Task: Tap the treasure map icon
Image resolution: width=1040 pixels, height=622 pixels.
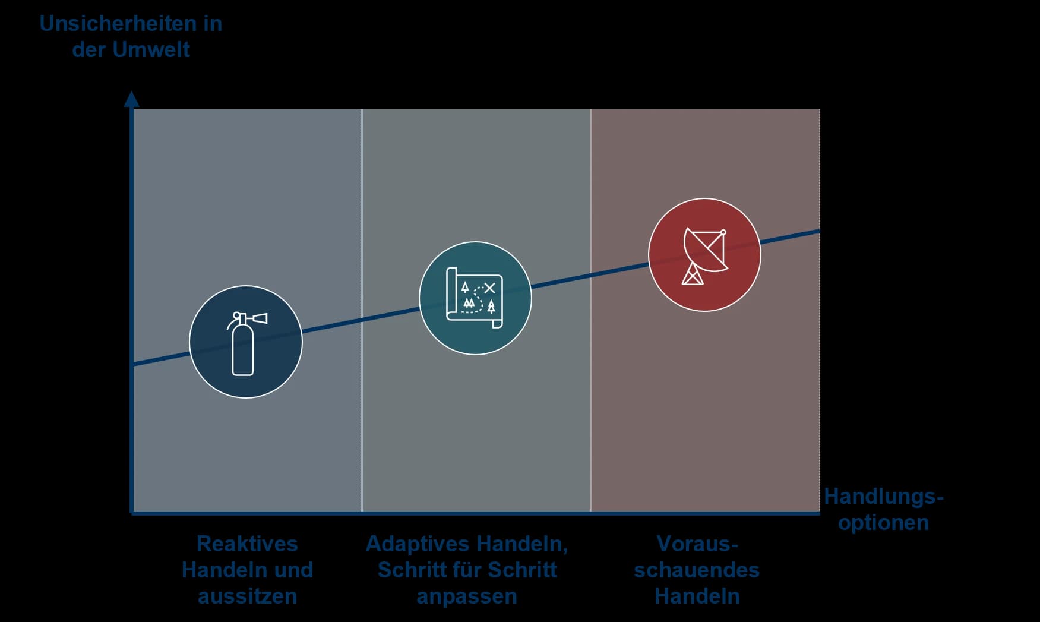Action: click(475, 298)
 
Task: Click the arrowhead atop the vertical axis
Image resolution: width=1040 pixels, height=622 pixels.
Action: click(131, 99)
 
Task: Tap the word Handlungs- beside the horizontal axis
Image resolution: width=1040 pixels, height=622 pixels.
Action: click(884, 496)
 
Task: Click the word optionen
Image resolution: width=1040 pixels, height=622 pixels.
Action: click(883, 522)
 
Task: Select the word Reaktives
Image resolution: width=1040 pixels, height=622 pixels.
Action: click(247, 544)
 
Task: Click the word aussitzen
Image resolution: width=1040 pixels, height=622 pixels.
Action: click(247, 596)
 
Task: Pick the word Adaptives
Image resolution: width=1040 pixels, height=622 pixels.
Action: click(418, 544)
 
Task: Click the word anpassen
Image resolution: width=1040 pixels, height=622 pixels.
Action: click(467, 596)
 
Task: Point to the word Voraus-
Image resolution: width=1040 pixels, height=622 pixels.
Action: click(697, 544)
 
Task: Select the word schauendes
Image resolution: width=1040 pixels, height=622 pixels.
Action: click(697, 570)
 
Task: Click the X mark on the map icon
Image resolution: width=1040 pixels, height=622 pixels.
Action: click(489, 288)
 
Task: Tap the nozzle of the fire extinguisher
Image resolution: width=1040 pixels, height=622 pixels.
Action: click(260, 318)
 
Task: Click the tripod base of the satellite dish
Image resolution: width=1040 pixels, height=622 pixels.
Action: click(693, 274)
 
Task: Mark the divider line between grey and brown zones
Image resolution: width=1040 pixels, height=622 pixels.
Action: click(590, 310)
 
